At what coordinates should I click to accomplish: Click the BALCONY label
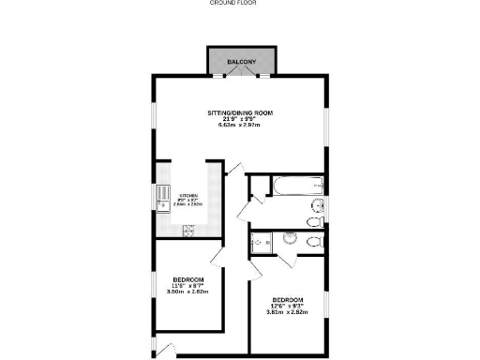[240, 62]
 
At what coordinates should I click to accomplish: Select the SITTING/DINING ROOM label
[240, 112]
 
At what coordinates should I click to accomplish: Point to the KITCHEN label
[188, 195]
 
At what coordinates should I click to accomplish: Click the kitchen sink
[161, 201]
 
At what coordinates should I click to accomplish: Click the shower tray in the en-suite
[260, 242]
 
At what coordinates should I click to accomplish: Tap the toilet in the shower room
[315, 242]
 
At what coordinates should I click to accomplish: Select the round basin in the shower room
[289, 241]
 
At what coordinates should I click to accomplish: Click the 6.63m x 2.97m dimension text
[240, 124]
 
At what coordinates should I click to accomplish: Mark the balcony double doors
[240, 75]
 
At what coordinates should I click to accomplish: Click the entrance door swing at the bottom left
[165, 352]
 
